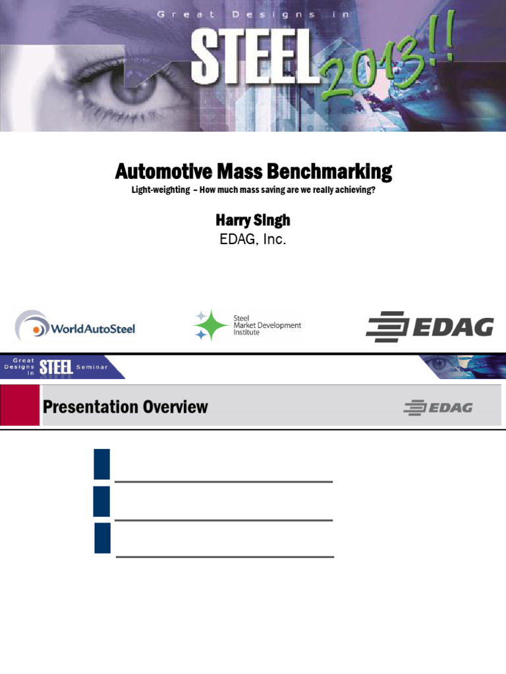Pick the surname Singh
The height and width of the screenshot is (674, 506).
click(272, 220)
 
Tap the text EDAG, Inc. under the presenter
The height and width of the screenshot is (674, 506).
click(253, 240)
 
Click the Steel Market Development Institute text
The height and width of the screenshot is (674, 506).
click(267, 325)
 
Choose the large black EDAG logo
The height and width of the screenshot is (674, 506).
click(430, 326)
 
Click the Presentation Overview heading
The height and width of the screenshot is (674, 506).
click(125, 407)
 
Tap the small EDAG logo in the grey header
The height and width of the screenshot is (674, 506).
click(438, 408)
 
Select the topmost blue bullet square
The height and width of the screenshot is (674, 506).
click(101, 464)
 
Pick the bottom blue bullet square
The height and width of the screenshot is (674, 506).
click(102, 538)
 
